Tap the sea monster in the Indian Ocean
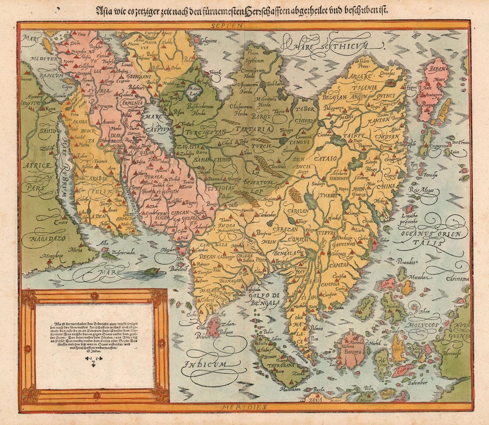click(x=153, y=271)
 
